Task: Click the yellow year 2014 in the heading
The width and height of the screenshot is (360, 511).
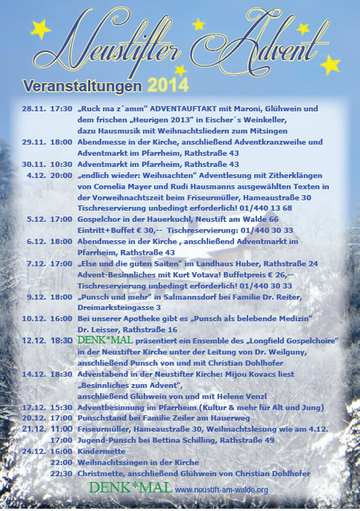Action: (x=168, y=84)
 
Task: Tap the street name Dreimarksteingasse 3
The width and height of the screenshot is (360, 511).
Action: (x=109, y=307)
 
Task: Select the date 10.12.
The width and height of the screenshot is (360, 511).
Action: (x=38, y=318)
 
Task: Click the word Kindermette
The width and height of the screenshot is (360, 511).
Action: (x=101, y=450)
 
